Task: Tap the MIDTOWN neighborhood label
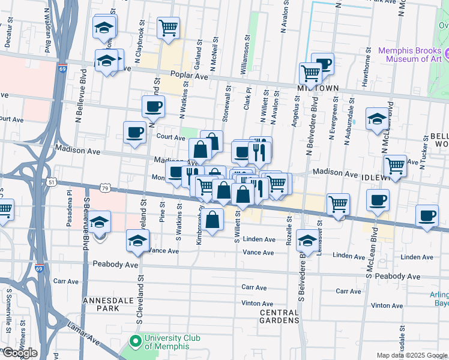pyautogui.click(x=318, y=88)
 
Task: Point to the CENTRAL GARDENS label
pyautogui.click(x=279, y=316)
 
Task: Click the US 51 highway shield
pyautogui.click(x=52, y=182)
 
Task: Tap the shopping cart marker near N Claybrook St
pyautogui.click(x=168, y=27)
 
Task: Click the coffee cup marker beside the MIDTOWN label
pyautogui.click(x=324, y=63)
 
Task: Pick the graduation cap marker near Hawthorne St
pyautogui.click(x=377, y=118)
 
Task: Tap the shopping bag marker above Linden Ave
pyautogui.click(x=212, y=220)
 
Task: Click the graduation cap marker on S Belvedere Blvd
pyautogui.click(x=307, y=241)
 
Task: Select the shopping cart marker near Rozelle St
pyautogui.click(x=338, y=204)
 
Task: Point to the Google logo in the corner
pyautogui.click(x=19, y=353)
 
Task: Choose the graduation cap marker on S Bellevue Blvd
pyautogui.click(x=100, y=221)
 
